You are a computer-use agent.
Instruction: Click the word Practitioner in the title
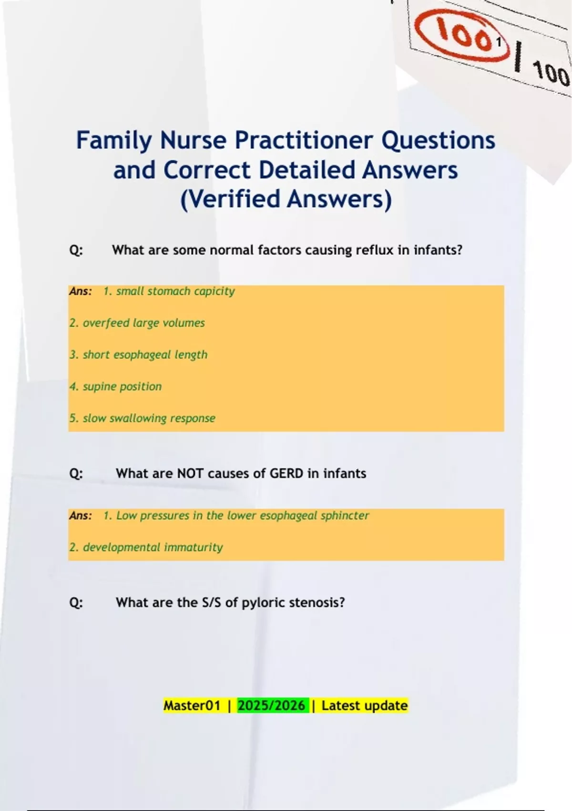pyautogui.click(x=304, y=140)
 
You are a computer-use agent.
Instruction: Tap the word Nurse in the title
pyautogui.click(x=194, y=140)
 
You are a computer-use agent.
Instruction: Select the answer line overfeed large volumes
pyautogui.click(x=137, y=323)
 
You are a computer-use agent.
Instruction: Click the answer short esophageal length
pyautogui.click(x=139, y=355)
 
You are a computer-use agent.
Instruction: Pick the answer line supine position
pyautogui.click(x=116, y=387)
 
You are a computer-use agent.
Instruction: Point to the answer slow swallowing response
pyautogui.click(x=143, y=418)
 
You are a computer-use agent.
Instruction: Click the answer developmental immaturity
pyautogui.click(x=146, y=548)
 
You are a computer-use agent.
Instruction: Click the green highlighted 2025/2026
pyautogui.click(x=271, y=706)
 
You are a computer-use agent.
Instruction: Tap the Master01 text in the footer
pyautogui.click(x=192, y=706)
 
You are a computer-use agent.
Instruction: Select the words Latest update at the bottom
pyautogui.click(x=365, y=706)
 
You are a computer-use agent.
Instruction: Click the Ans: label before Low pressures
pyautogui.click(x=81, y=516)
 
